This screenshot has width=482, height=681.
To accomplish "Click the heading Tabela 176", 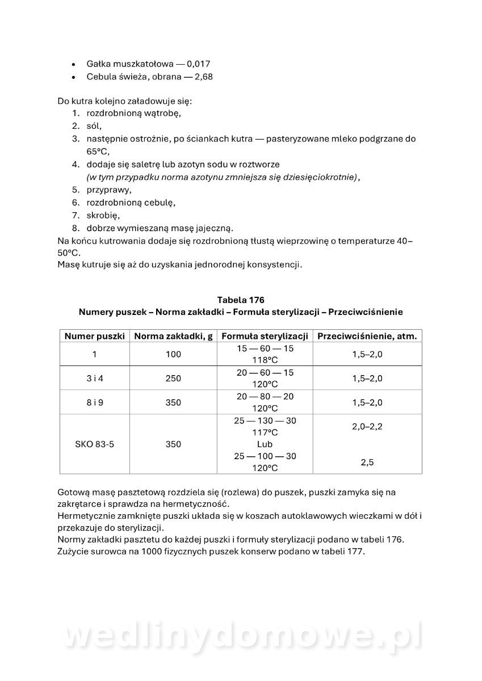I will (241, 300).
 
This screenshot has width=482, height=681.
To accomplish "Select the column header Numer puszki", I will (94, 336).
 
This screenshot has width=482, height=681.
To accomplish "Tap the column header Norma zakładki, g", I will (173, 336).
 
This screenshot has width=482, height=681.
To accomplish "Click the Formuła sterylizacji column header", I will (265, 336).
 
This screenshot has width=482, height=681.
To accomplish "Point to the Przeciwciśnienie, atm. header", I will (367, 336).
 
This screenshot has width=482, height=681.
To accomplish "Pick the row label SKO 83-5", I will (94, 444).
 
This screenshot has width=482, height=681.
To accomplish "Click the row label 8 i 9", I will (94, 402).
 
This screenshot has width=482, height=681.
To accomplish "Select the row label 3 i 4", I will (94, 378).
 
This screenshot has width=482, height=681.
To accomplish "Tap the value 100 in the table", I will (173, 354).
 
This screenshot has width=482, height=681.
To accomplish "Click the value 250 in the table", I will (173, 378).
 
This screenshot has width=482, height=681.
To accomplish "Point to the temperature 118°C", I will (265, 360).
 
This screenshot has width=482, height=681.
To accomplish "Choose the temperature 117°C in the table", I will (265, 432).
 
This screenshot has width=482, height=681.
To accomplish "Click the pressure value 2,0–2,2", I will (367, 426).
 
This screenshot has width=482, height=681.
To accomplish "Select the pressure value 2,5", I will (367, 462).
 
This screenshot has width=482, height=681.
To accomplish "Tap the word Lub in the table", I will (265, 444).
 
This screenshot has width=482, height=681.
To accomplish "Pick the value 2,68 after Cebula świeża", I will (203, 76).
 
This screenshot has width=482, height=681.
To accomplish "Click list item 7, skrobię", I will (103, 216).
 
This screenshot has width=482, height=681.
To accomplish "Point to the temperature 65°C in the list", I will (97, 152).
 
